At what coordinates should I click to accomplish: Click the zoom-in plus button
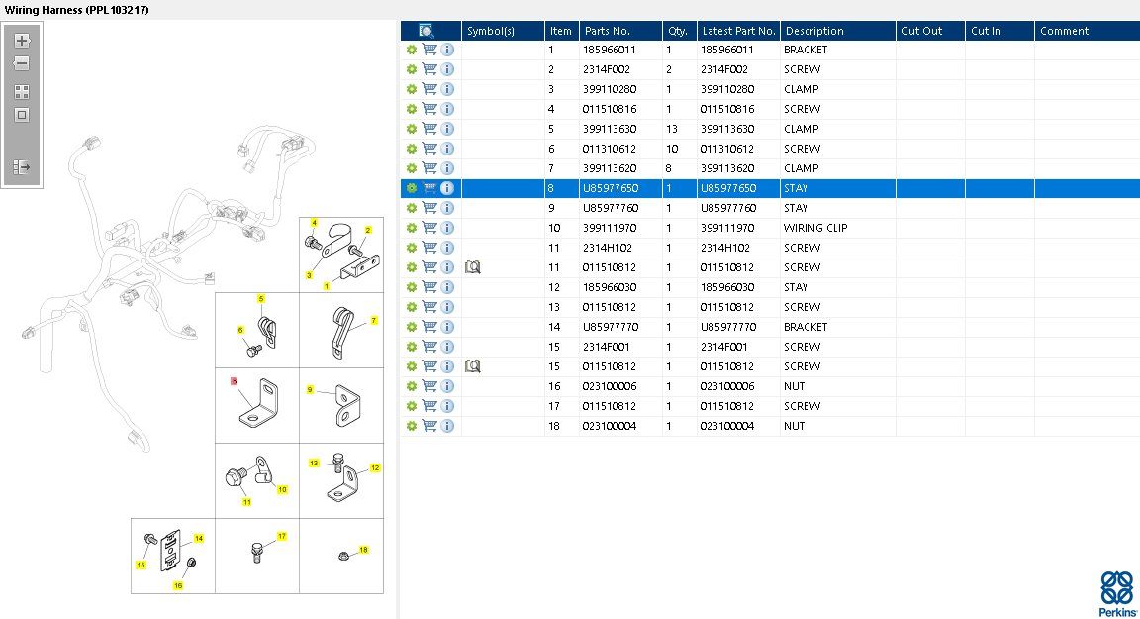(22, 41)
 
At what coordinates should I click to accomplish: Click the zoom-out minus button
(22, 63)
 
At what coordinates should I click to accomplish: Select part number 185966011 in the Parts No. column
(609, 50)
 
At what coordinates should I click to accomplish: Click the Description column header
(814, 31)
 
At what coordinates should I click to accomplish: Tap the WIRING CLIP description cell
(815, 228)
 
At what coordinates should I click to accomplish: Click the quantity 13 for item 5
(673, 129)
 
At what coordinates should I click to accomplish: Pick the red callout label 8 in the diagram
(234, 380)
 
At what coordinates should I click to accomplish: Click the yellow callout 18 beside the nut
(363, 550)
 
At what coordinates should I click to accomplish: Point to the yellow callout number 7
(374, 321)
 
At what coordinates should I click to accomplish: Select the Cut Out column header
(921, 31)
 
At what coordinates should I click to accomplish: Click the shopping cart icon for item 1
(429, 50)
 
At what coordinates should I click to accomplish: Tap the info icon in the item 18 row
(447, 426)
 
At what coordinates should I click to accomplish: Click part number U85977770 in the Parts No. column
(611, 327)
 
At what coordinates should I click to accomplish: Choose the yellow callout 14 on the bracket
(199, 539)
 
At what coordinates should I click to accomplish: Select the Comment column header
(1064, 31)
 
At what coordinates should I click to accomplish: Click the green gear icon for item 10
(412, 228)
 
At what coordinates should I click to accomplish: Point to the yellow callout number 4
(315, 223)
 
